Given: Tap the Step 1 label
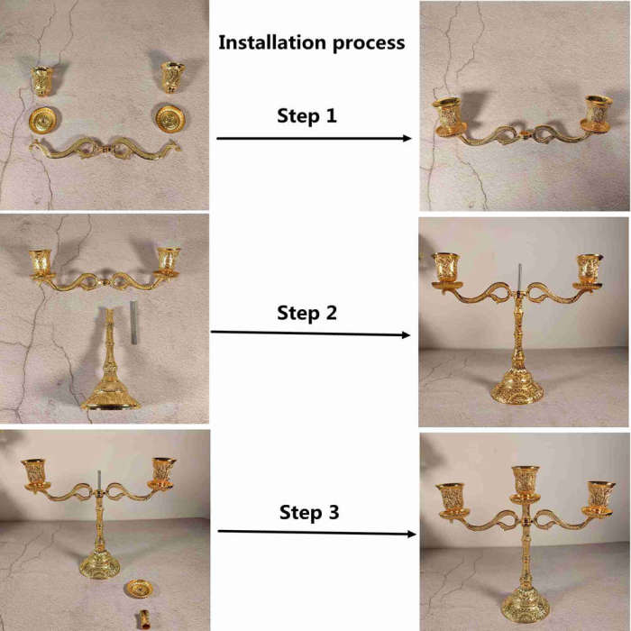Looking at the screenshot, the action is coord(306,116).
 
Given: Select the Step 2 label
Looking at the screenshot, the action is coord(306,313).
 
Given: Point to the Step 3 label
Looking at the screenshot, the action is coord(309,512).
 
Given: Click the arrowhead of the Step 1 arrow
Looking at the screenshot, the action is coord(407,139).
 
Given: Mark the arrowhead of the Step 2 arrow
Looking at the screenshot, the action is coord(406,334).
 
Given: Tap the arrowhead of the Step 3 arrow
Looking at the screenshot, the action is coord(412,534).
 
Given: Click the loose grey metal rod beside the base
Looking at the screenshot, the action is coord(133,323).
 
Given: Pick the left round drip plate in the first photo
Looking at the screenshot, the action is coord(42,120).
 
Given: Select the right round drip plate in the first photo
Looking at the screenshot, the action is coord(170,119).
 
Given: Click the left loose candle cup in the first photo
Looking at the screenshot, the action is coord(41,81).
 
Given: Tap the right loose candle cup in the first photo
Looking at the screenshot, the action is coord(173,78).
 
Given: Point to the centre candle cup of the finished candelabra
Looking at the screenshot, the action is coord(525,484).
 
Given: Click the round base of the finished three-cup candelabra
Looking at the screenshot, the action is coord(526,608).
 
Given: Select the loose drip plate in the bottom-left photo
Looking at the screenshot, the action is coord(139,590).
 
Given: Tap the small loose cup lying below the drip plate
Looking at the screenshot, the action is coord(142,620).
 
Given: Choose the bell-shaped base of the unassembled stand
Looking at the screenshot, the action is coord(111,392).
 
